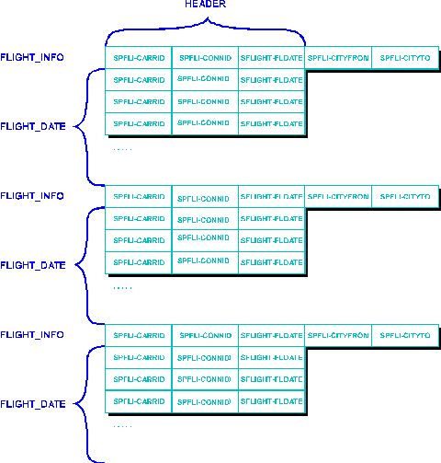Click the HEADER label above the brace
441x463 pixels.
click(205, 4)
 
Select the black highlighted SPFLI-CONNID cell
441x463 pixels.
click(205, 57)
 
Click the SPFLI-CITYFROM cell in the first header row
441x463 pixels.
click(338, 57)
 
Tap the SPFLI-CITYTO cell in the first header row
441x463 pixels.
click(405, 57)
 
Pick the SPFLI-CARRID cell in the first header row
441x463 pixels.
click(139, 57)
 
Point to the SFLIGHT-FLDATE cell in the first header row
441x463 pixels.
click(271, 57)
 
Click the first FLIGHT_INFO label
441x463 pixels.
click(32, 57)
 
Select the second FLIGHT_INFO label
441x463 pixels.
click(32, 196)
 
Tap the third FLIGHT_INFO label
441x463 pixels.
click(32, 335)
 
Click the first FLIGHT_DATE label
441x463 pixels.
click(33, 126)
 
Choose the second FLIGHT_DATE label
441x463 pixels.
click(33, 265)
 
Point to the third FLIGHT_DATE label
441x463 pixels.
click(33, 404)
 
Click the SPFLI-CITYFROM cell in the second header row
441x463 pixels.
click(338, 196)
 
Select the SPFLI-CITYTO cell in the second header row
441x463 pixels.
click(405, 196)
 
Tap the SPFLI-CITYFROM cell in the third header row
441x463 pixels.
click(338, 335)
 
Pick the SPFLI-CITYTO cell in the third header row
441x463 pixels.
click(405, 335)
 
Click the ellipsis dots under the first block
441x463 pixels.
click(122, 148)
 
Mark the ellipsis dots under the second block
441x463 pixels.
click(122, 287)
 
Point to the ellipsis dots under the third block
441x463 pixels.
click(122, 426)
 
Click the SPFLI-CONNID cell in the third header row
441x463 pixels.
click(205, 335)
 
